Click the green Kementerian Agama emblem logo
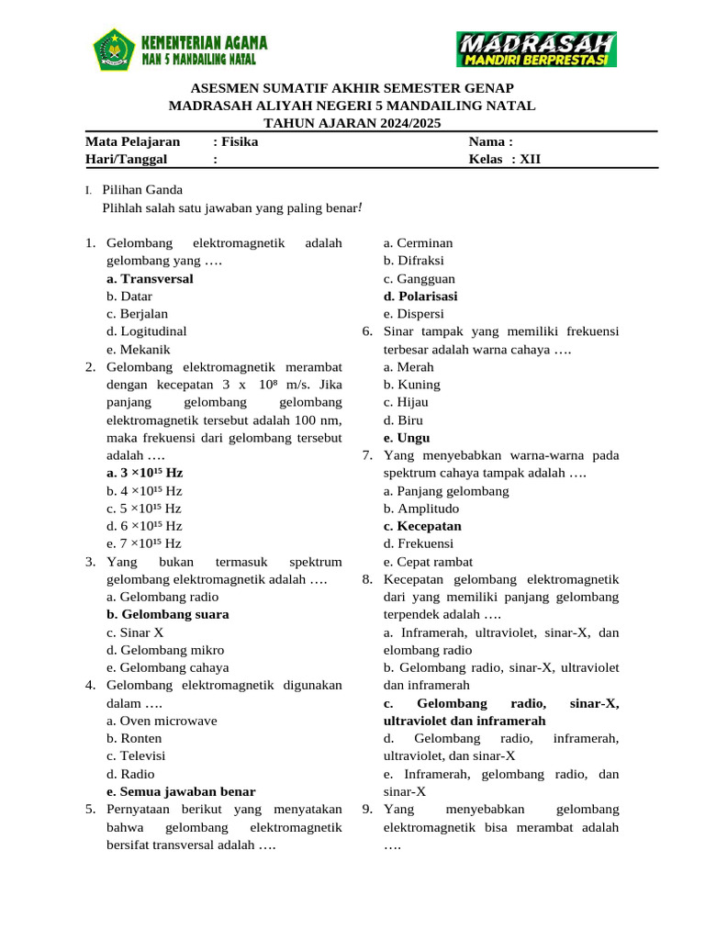pos(114,49)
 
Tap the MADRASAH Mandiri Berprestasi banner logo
pos(536,50)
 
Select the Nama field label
pos(490,142)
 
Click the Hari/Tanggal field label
pos(126,160)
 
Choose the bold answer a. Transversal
pos(150,279)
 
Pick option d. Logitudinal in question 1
pos(146,331)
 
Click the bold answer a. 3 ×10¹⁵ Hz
pos(144,473)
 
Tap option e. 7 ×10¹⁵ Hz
pos(144,543)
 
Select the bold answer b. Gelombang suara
pos(167,614)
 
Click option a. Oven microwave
pos(162,721)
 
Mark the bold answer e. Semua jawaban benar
pos(181,791)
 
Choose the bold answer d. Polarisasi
pos(420,297)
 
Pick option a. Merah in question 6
pos(409,367)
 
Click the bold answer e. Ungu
pos(407,438)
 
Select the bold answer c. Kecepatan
pos(422,526)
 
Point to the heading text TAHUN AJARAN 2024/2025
pos(352,123)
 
